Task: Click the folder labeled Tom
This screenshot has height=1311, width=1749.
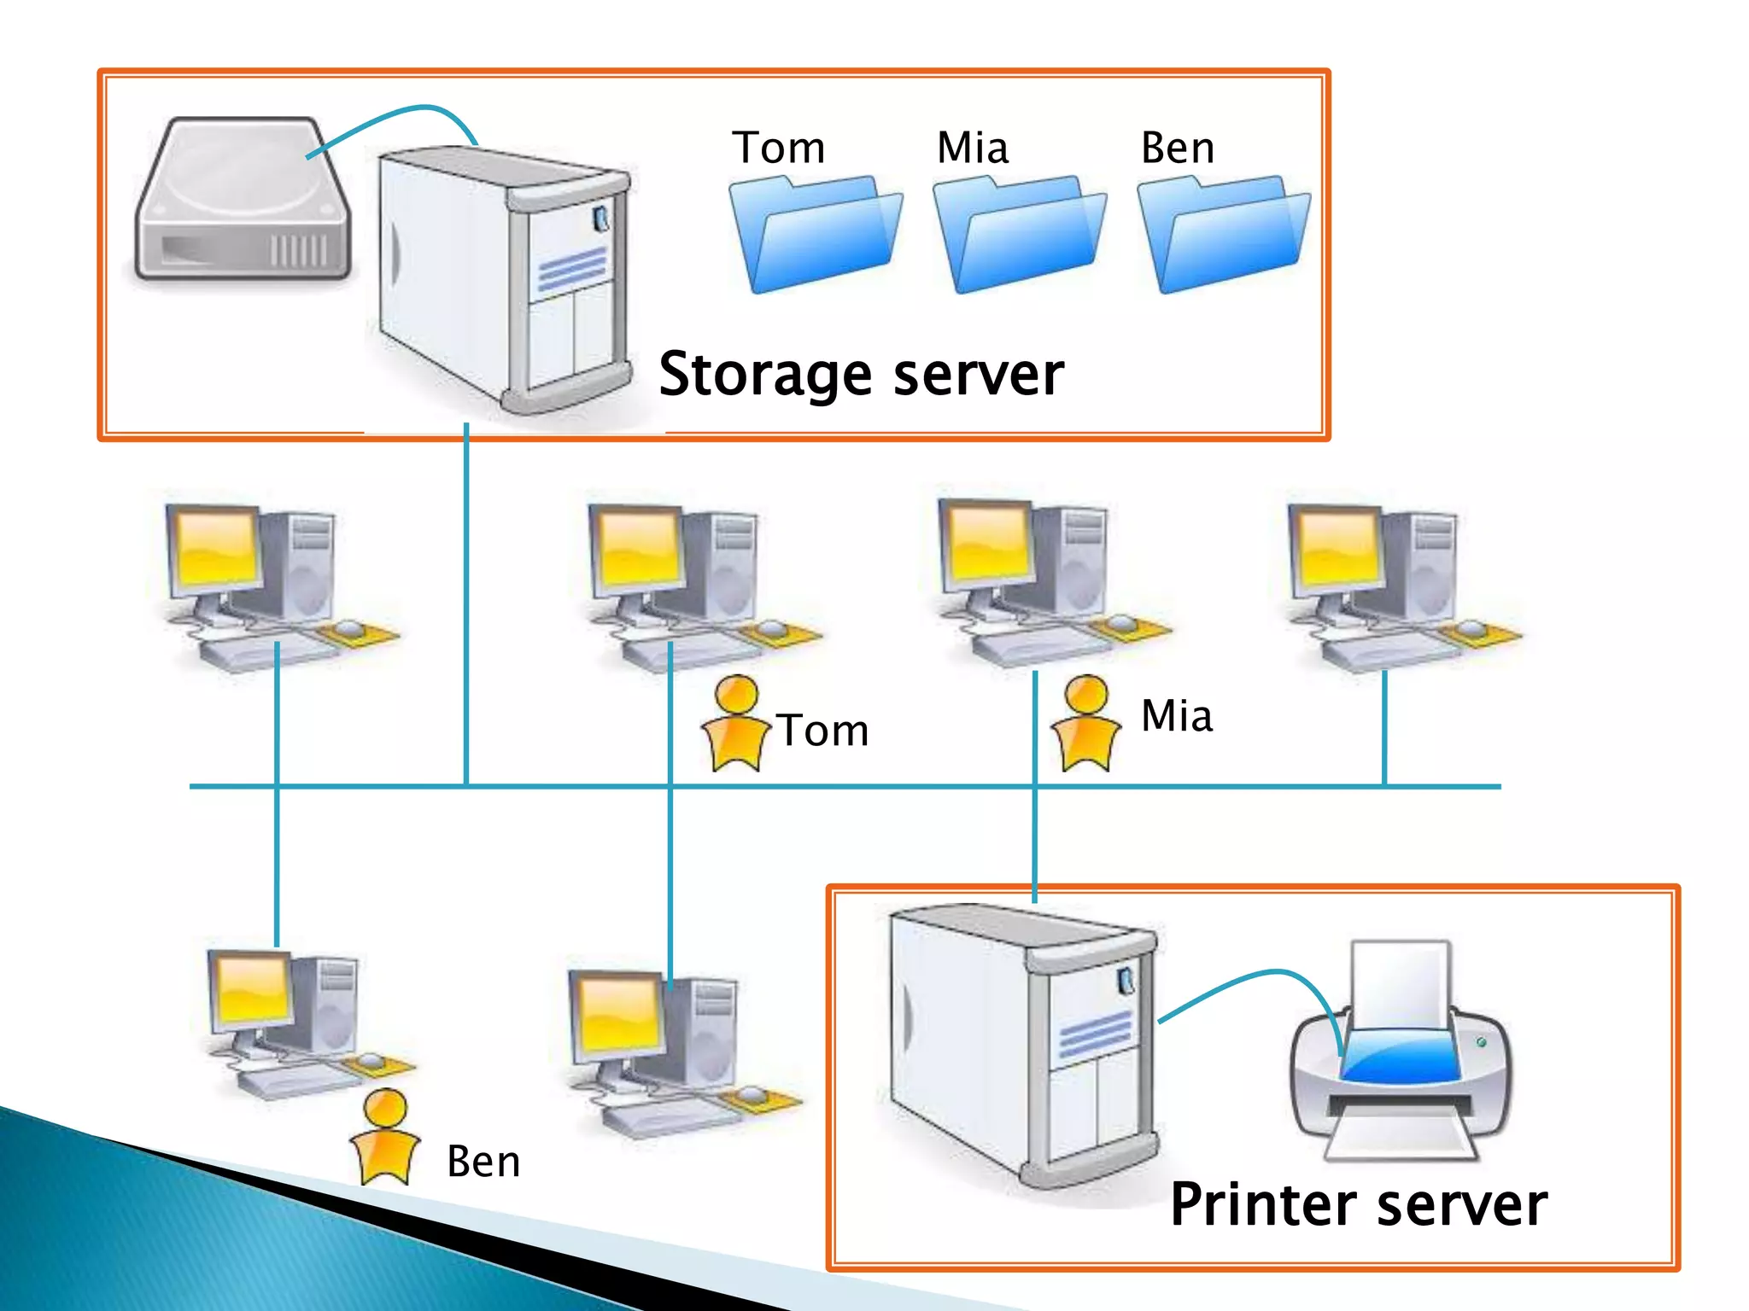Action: click(x=816, y=235)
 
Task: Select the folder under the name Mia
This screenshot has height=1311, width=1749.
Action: click(x=1020, y=235)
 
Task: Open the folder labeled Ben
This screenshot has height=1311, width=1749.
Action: click(x=1224, y=235)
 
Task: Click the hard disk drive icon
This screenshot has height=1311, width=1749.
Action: click(x=243, y=201)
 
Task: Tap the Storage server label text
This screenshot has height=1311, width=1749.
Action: click(x=861, y=374)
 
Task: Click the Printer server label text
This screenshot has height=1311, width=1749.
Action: click(x=1358, y=1204)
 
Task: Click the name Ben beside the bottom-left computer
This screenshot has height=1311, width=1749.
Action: click(x=483, y=1162)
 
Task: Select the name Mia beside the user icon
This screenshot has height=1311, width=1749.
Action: click(x=1177, y=715)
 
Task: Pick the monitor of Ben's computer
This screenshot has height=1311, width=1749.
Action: click(x=253, y=990)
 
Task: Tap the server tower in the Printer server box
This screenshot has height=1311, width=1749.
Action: click(x=1021, y=1041)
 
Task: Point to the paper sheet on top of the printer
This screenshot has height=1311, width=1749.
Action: click(x=1401, y=982)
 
